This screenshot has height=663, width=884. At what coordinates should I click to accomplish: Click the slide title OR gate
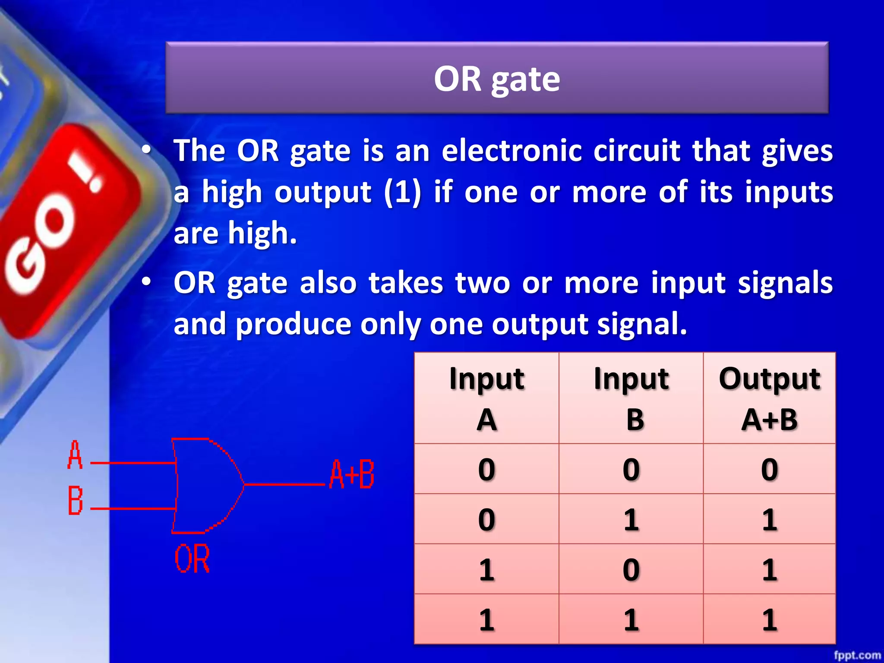click(x=497, y=79)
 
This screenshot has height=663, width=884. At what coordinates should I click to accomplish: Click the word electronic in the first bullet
click(x=511, y=151)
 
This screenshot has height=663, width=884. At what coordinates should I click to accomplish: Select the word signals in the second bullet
click(x=785, y=283)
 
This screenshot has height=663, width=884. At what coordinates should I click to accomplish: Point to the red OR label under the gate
click(x=193, y=559)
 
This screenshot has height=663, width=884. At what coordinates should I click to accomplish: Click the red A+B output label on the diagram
click(x=352, y=474)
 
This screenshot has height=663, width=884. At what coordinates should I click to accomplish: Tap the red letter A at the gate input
click(x=75, y=455)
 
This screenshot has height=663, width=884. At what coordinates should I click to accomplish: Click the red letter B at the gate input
click(x=75, y=501)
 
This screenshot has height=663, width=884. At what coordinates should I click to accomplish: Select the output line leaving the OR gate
click(x=285, y=484)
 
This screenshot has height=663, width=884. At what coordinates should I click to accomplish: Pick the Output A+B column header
click(x=769, y=398)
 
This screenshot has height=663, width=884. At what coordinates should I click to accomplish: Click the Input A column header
click(x=486, y=398)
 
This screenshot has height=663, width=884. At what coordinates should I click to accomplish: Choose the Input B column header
click(x=631, y=398)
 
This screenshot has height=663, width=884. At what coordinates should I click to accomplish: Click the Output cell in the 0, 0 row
click(x=769, y=469)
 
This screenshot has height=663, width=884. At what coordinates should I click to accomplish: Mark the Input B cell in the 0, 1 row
click(x=631, y=519)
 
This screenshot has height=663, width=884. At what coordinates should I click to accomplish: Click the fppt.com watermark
click(x=857, y=655)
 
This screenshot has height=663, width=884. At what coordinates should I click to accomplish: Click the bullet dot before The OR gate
click(x=147, y=150)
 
